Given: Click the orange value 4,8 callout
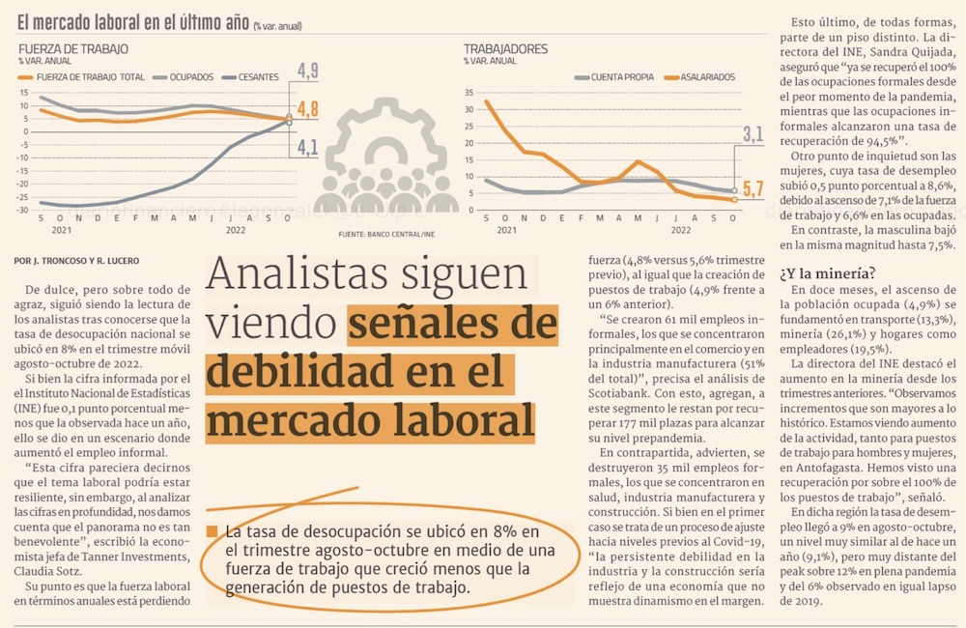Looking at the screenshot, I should point(307,108).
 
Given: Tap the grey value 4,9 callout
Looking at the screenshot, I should point(307,71).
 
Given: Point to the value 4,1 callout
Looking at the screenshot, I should point(307,147).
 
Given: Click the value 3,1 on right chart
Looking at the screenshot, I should point(753,132).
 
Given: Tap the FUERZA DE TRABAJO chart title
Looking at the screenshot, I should point(72,48).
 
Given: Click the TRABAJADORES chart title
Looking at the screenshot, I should point(505,48).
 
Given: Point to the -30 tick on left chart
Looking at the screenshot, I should point(23,210).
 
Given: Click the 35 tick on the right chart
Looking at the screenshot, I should point(469,94).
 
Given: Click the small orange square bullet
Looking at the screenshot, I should point(212,531).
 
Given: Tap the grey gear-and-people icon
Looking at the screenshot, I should point(385,174).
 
